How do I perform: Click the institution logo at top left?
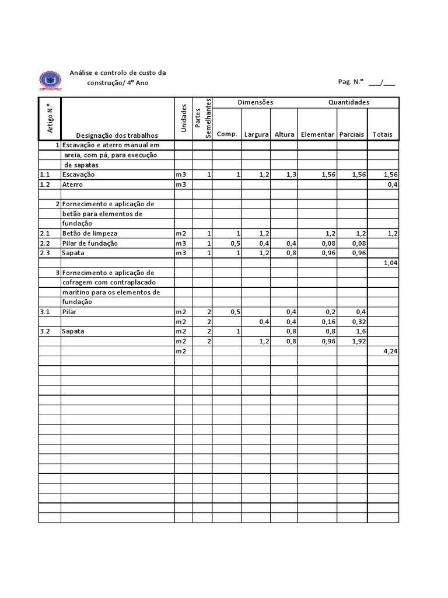[50, 80]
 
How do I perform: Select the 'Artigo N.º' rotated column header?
[50, 117]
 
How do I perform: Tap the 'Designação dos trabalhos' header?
[117, 135]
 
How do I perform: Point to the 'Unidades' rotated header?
[184, 118]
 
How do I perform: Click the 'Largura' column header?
[256, 134]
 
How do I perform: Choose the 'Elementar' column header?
[317, 134]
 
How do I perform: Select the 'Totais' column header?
[383, 134]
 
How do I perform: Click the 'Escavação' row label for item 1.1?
[79, 175]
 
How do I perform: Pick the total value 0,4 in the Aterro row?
[393, 185]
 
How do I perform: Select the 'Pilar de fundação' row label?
[90, 243]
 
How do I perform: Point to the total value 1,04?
[390, 263]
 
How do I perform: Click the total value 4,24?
[390, 351]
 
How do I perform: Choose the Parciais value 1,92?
[357, 341]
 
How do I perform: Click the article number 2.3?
[45, 253]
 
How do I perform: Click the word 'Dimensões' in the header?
[255, 102]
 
